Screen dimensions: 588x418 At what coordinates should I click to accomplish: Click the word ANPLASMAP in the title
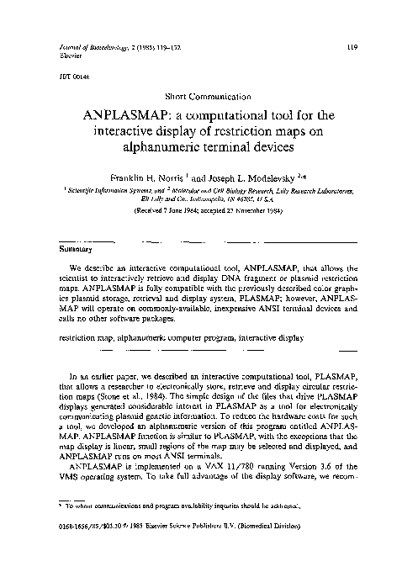pyautogui.click(x=133, y=115)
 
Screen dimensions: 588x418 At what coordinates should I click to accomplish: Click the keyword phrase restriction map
pyautogui.click(x=83, y=338)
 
